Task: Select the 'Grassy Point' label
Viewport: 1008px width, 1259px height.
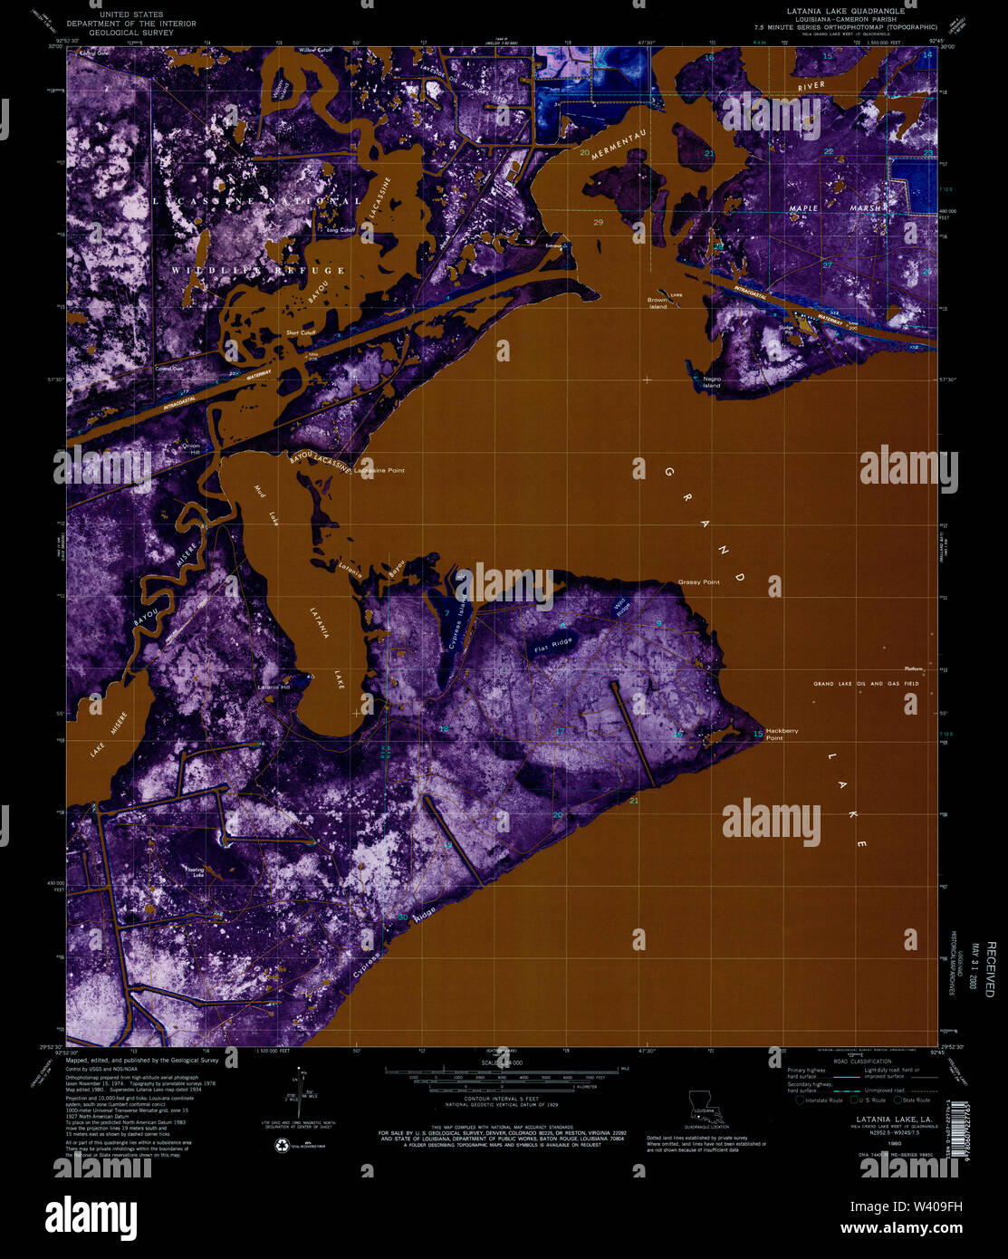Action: pos(698,582)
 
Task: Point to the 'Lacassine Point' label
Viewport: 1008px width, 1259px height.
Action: pos(379,471)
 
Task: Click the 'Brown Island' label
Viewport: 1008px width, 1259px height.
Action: pos(658,303)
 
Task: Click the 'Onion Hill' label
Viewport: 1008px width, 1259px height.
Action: pos(189,447)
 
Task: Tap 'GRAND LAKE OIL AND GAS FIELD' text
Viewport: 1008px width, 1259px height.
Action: pos(865,684)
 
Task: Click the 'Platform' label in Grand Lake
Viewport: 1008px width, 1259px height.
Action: pos(912,668)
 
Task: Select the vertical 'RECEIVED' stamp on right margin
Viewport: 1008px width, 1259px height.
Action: pos(990,969)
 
